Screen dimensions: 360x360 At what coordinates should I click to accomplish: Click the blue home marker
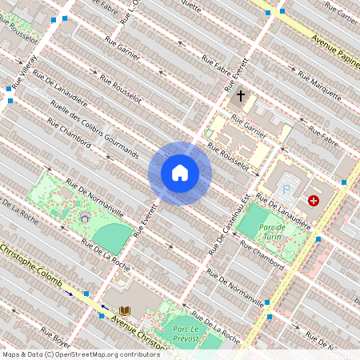180,173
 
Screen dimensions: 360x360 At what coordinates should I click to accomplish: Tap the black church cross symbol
239,97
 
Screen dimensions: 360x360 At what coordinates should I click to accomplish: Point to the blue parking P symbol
286,190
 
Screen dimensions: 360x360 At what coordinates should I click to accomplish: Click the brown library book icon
125,310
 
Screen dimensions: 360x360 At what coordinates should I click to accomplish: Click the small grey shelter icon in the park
85,217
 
